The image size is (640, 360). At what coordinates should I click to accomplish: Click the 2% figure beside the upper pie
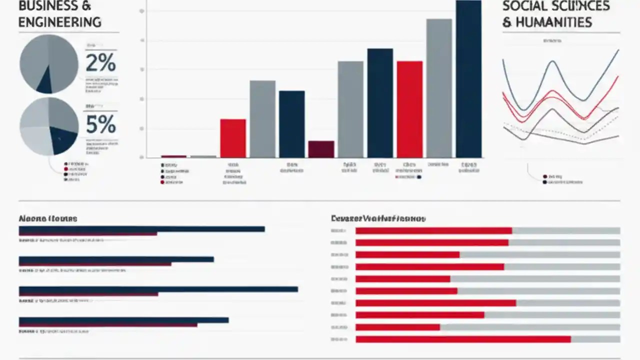pyautogui.click(x=100, y=63)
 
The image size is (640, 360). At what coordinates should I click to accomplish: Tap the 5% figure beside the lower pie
pyautogui.click(x=100, y=124)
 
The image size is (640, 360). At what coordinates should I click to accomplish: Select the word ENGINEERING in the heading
pyautogui.click(x=59, y=22)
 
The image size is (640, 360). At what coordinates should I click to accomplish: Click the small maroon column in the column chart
pyautogui.click(x=321, y=149)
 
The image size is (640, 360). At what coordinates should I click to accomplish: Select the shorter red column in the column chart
pyautogui.click(x=233, y=138)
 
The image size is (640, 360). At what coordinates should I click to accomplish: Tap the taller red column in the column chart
pyautogui.click(x=409, y=109)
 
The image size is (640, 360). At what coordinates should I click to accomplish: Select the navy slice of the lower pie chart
pyautogui.click(x=63, y=139)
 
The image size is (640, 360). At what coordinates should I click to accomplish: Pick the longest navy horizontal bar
pyautogui.click(x=158, y=289)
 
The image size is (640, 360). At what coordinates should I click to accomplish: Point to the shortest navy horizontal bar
pyautogui.click(x=116, y=259)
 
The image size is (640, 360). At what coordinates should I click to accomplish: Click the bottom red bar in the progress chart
pyautogui.click(x=463, y=339)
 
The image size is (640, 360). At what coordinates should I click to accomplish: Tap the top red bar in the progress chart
pyautogui.click(x=433, y=230)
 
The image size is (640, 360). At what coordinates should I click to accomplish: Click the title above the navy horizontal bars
pyautogui.click(x=48, y=219)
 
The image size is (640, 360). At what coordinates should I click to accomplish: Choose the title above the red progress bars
pyautogui.click(x=378, y=218)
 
